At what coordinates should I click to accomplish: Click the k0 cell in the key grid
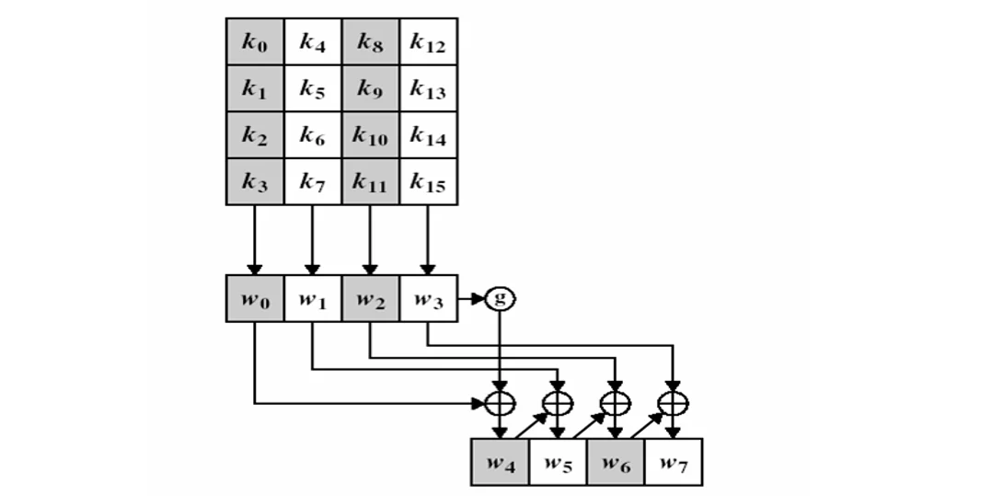255,42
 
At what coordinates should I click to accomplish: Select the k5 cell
312,89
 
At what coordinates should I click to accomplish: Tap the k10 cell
370,136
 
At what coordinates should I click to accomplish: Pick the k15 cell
428,183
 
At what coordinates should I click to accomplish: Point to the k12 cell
428,42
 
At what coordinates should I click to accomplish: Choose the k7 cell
312,183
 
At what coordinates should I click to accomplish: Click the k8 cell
370,42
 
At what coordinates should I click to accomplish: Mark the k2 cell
255,136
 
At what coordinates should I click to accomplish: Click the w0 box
255,298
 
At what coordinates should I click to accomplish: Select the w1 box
312,298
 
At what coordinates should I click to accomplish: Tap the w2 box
370,298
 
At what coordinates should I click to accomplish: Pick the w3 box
428,298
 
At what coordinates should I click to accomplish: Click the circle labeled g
501,298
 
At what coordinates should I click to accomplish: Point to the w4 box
500,462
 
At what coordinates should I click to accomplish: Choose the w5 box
558,462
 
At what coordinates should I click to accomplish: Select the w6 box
616,462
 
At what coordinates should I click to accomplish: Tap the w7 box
673,462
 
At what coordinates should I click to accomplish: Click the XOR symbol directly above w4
500,402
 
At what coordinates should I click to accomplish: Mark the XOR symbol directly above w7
674,402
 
